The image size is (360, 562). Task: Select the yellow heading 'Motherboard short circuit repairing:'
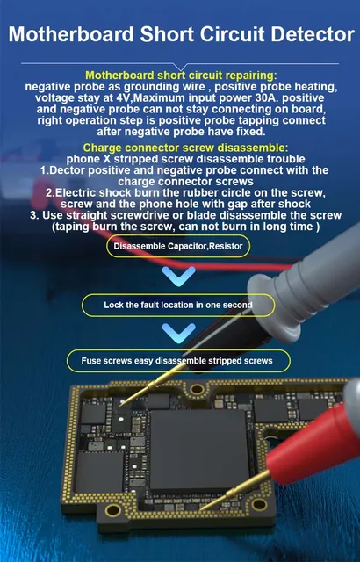click(x=179, y=76)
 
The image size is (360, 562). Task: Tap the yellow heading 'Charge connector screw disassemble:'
click(x=179, y=147)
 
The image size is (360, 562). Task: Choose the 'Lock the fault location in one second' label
click(x=177, y=305)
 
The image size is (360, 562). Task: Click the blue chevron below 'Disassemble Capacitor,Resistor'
click(x=179, y=277)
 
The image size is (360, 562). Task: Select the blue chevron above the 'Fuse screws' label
click(x=179, y=333)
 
